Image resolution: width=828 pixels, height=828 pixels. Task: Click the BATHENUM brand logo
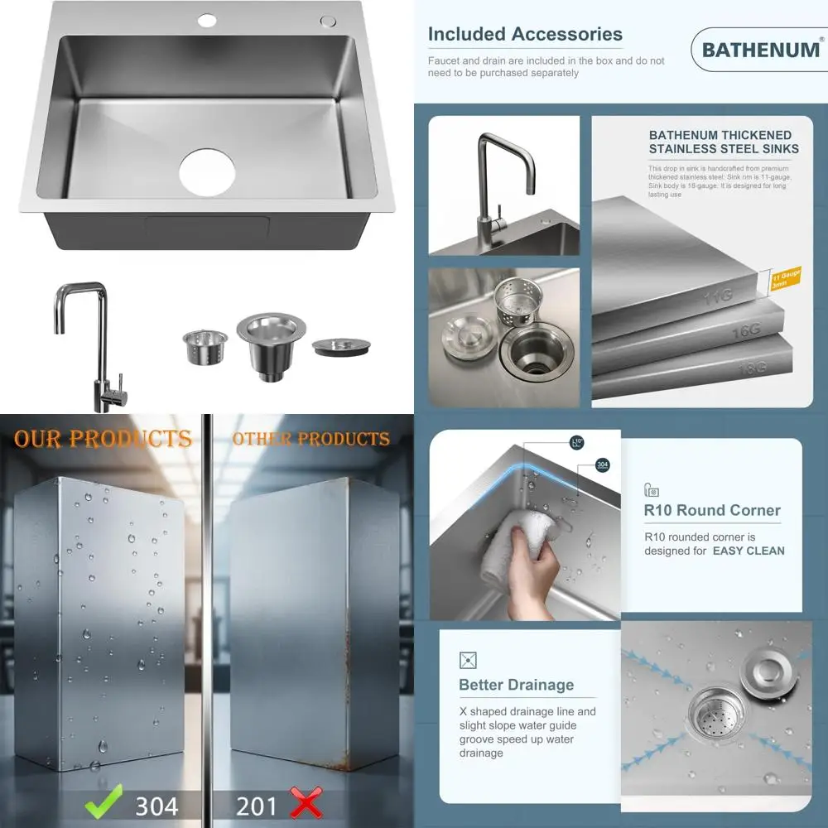[759, 50]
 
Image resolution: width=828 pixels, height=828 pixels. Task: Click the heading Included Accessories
[525, 35]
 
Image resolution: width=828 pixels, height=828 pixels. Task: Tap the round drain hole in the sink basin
[207, 172]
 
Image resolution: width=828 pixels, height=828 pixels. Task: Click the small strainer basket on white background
[205, 346]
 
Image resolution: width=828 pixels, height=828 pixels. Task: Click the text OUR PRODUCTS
[103, 439]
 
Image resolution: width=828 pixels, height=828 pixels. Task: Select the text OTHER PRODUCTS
[310, 439]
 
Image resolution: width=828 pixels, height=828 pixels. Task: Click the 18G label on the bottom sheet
[752, 368]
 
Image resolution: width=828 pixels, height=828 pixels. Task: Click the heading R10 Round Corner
[712, 510]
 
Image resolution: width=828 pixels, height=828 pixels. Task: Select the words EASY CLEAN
[749, 551]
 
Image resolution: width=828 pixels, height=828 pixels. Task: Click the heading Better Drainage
[516, 685]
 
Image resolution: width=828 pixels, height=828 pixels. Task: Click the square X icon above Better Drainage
[468, 660]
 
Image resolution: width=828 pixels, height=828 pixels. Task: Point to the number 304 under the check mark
[156, 805]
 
